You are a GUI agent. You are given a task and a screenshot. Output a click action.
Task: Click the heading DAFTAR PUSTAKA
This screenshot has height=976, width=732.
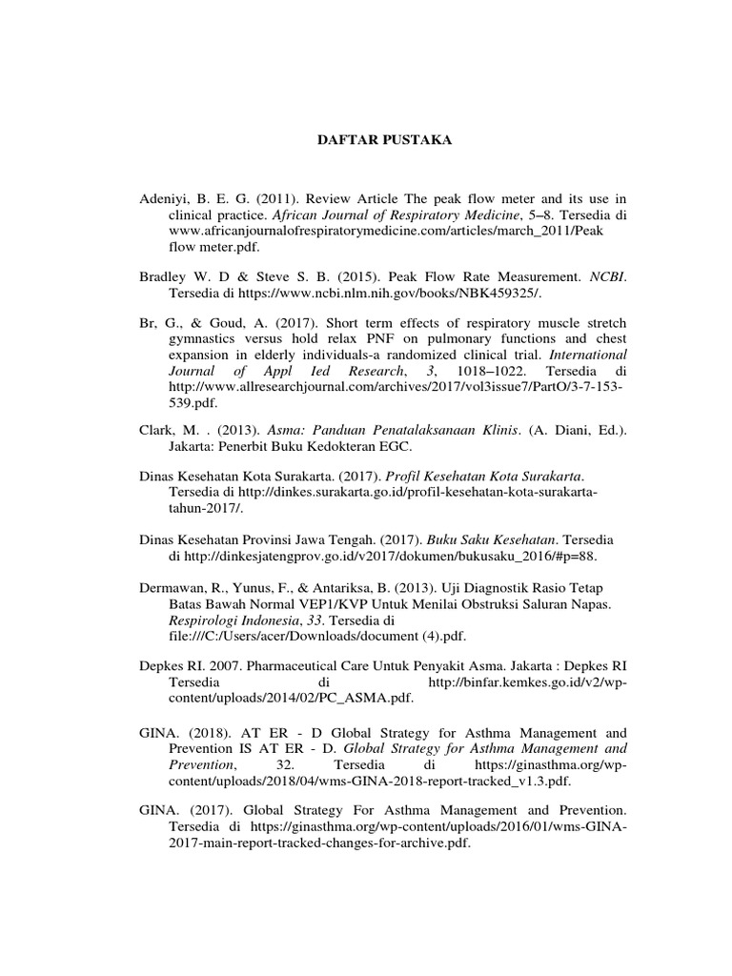384,140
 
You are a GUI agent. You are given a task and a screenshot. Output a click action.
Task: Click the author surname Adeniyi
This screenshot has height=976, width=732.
166,199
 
